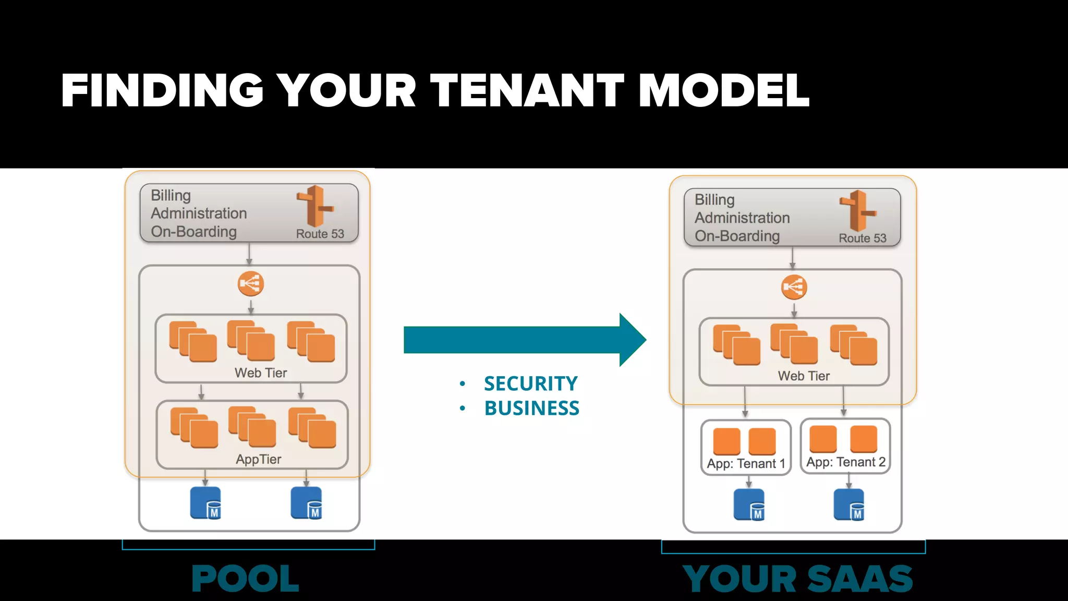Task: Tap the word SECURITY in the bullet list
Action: click(530, 384)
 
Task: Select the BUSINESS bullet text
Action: click(531, 408)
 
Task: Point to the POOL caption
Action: click(245, 579)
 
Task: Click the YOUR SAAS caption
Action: click(797, 579)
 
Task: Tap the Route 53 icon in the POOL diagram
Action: click(315, 206)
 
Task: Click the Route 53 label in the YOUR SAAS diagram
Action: click(862, 238)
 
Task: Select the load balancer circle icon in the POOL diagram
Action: click(251, 284)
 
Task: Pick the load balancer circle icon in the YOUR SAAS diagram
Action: click(794, 287)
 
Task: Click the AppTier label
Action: click(258, 460)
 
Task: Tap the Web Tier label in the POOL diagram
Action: click(260, 373)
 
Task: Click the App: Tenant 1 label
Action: click(745, 464)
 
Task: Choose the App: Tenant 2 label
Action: click(845, 462)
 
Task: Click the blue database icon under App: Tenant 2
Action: click(849, 505)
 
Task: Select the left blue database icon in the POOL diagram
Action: click(205, 503)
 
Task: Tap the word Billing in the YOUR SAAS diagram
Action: click(714, 200)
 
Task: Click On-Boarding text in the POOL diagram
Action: click(193, 232)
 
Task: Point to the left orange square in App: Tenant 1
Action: click(726, 441)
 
